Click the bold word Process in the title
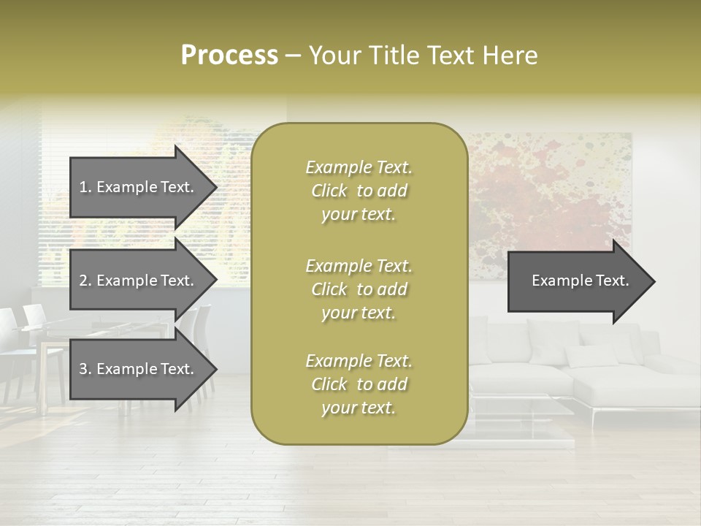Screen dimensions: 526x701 tap(229, 56)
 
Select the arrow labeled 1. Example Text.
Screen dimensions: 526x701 tap(137, 187)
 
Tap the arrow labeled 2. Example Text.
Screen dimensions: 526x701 tap(137, 281)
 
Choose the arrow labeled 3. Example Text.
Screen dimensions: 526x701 tap(137, 369)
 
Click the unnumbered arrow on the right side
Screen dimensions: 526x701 tap(581, 281)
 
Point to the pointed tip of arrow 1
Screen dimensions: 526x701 tap(215, 187)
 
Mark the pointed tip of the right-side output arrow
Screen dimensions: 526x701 tap(654, 281)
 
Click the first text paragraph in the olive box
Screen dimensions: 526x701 tap(359, 191)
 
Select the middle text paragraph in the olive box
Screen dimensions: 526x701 tap(359, 289)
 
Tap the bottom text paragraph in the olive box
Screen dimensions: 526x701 tap(359, 384)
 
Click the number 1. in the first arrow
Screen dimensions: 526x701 tap(85, 187)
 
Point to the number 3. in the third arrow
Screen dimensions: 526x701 tap(85, 369)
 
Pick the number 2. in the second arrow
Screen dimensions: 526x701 tap(85, 281)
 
